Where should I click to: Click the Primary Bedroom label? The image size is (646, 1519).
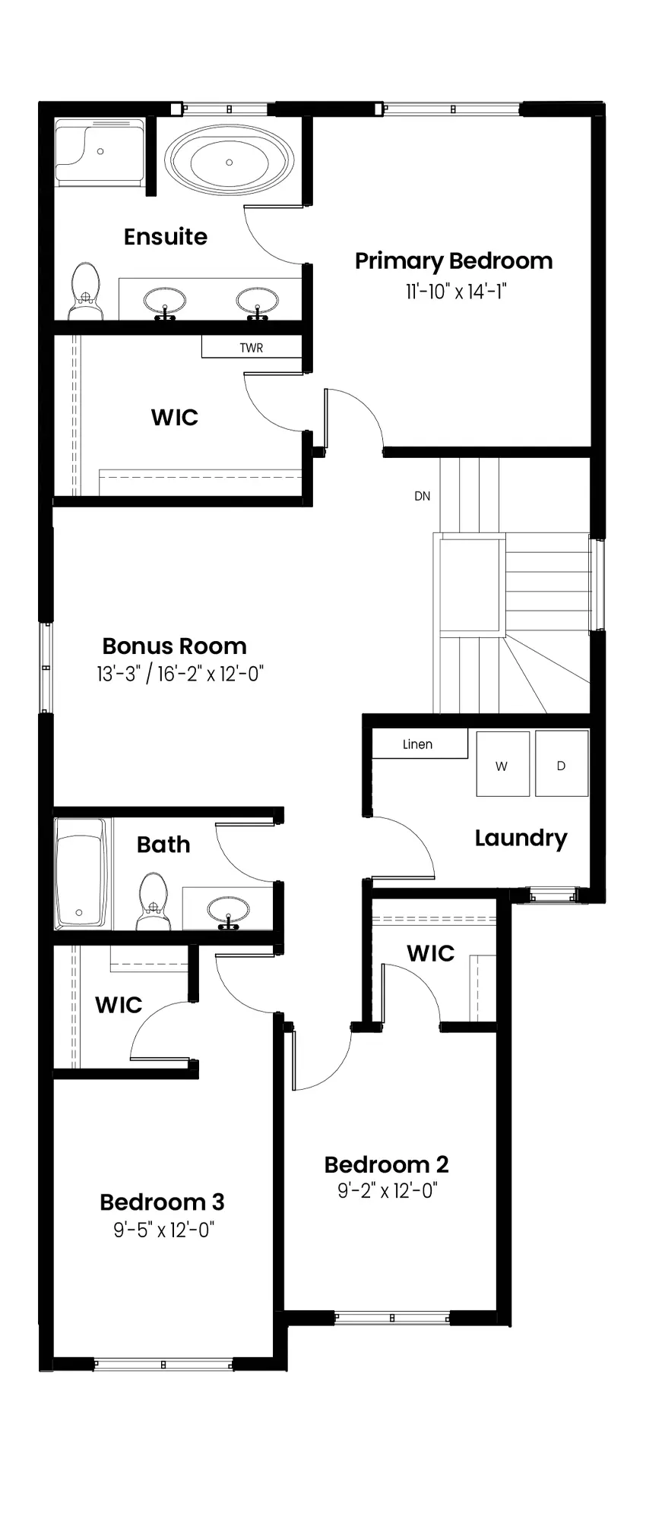(454, 261)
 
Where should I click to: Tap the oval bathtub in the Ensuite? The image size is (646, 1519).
(230, 162)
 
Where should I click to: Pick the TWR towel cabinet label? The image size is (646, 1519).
(252, 348)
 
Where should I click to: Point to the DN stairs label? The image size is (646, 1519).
(423, 496)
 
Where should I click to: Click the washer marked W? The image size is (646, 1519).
(502, 763)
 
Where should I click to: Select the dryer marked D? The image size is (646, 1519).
(562, 763)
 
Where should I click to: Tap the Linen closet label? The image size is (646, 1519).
(417, 744)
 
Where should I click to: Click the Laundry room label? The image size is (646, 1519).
(521, 838)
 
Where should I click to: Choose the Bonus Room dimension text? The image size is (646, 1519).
(180, 674)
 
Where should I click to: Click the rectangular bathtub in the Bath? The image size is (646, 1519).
(81, 873)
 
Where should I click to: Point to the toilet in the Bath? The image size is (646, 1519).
(154, 901)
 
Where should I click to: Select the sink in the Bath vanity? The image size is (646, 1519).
(228, 910)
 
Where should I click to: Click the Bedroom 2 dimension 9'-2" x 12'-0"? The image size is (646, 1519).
(388, 1190)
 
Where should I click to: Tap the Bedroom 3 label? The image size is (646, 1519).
(162, 1202)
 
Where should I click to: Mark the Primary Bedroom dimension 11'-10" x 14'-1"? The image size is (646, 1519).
(455, 292)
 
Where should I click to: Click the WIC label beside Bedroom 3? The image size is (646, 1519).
(119, 1005)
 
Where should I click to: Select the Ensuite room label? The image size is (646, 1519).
(166, 237)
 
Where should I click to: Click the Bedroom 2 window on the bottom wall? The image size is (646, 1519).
(392, 1318)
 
